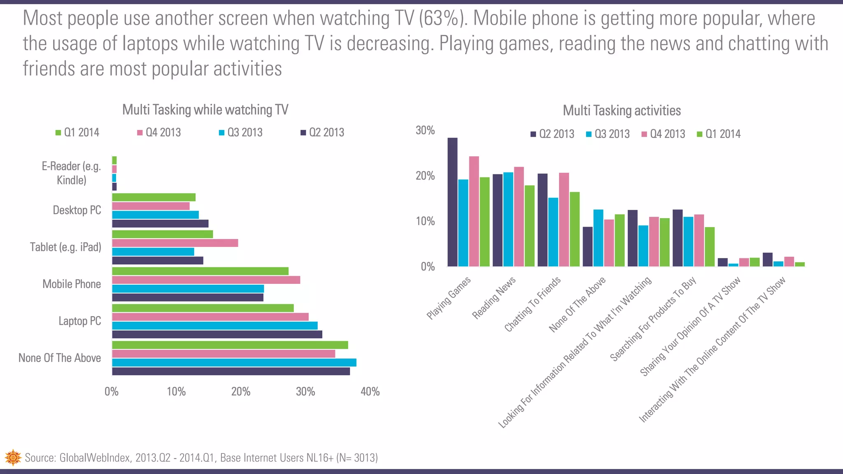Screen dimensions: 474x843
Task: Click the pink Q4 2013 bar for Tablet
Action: (x=175, y=243)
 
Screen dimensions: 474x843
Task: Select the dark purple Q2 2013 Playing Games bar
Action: (x=452, y=202)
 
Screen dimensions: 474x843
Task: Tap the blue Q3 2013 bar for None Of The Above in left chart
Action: (x=234, y=362)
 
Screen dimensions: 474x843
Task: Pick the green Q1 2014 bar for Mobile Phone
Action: (x=200, y=271)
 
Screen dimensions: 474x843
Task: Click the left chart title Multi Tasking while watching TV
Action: (x=205, y=110)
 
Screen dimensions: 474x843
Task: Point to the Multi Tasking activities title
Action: (x=622, y=111)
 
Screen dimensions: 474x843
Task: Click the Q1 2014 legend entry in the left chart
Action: (x=77, y=132)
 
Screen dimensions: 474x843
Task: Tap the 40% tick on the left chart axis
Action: (x=370, y=391)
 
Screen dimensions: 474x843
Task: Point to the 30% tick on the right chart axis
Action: (x=425, y=130)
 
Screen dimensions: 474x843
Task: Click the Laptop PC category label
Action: (x=79, y=321)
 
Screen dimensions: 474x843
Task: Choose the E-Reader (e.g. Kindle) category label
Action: (x=71, y=173)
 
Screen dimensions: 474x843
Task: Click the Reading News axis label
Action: (x=494, y=298)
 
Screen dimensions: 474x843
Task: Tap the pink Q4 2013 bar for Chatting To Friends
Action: (x=564, y=219)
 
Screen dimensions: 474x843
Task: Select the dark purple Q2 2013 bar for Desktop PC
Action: (x=160, y=224)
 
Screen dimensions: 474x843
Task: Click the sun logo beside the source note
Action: (x=13, y=458)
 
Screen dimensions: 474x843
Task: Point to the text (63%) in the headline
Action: (x=444, y=18)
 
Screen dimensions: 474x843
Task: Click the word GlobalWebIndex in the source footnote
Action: (x=95, y=458)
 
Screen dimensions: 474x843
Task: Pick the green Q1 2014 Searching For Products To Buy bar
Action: (x=709, y=246)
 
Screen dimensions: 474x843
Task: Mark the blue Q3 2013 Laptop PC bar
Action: (x=214, y=325)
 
